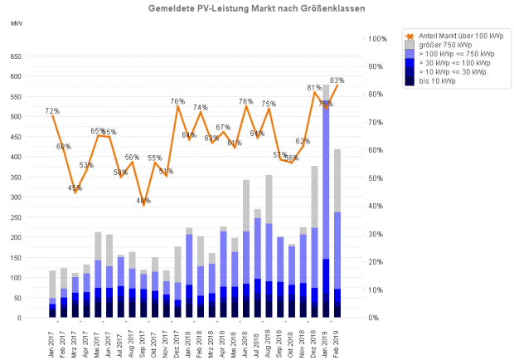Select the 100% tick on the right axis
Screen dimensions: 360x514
click(377, 39)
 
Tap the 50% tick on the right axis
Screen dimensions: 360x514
click(376, 178)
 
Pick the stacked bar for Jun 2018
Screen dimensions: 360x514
click(246, 249)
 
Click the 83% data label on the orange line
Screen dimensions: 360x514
click(337, 80)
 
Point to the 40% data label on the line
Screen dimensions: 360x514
click(144, 201)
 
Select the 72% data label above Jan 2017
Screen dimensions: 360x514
click(52, 110)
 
